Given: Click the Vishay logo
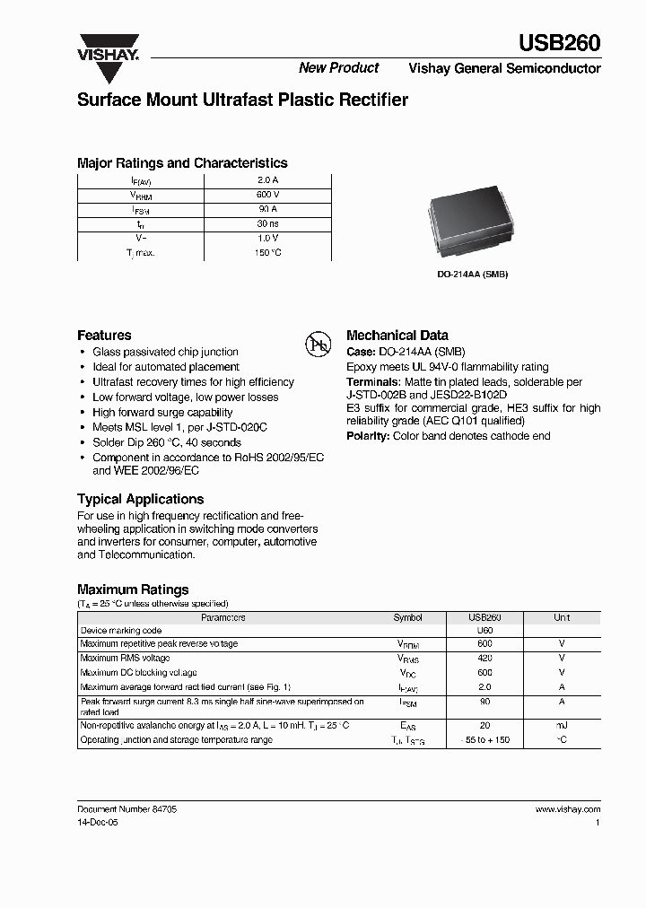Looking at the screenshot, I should [108, 48].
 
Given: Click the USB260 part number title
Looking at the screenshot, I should [560, 42].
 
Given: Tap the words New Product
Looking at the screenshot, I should [338, 68].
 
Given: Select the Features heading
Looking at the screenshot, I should [104, 335].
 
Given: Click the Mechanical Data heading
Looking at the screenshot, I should [397, 335].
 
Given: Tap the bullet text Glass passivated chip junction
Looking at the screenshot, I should [165, 352].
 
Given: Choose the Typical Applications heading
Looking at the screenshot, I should [140, 499].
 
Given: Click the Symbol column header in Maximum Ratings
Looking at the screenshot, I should [407, 618].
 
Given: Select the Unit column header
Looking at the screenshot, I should [562, 618].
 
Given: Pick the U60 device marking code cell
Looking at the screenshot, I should [484, 631].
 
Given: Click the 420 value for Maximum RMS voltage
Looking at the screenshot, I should [484, 658].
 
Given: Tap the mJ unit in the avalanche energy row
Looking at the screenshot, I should [562, 724].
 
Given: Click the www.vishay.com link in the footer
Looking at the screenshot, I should [568, 809].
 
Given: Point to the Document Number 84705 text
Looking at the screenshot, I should [127, 809].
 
